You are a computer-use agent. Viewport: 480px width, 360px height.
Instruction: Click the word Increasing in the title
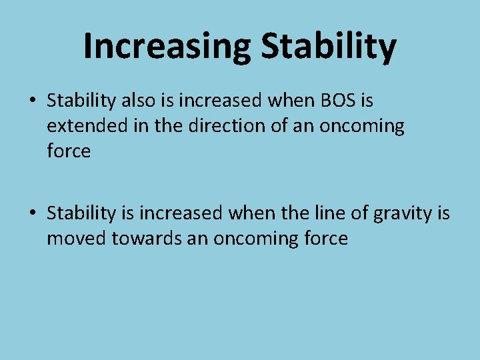pyautogui.click(x=167, y=46)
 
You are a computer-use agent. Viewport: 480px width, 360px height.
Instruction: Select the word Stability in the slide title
pyautogui.click(x=329, y=46)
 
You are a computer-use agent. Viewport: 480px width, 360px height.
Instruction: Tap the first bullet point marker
pyautogui.click(x=32, y=101)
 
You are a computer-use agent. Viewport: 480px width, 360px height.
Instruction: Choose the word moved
pyautogui.click(x=76, y=239)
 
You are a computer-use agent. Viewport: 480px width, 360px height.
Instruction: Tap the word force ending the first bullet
pyautogui.click(x=69, y=151)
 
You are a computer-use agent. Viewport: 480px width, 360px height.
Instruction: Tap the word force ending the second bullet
pyautogui.click(x=325, y=239)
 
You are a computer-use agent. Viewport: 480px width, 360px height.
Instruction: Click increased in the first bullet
pyautogui.click(x=220, y=101)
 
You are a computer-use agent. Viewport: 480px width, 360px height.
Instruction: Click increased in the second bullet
pyautogui.click(x=187, y=214)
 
